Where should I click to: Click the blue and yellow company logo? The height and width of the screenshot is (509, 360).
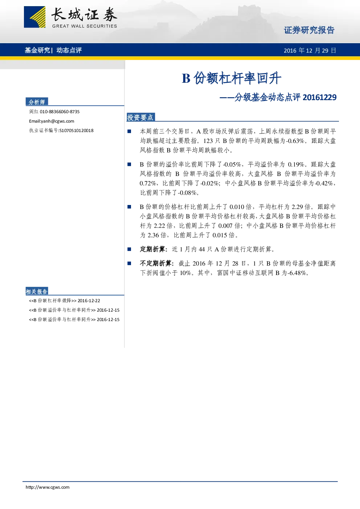34,17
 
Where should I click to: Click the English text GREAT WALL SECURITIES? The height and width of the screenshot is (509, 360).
85,26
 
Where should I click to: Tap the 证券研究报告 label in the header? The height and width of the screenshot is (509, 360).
309,30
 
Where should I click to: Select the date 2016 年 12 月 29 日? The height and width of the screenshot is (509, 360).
310,50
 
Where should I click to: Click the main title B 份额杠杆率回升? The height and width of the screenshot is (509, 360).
232,78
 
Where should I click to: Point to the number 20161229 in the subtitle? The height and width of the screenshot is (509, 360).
320,98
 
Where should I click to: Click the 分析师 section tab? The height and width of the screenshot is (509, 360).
37,102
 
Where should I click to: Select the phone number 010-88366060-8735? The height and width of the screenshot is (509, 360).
60,112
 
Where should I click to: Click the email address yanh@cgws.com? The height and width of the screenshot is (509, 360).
57,121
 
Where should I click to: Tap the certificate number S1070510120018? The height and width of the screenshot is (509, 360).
76,131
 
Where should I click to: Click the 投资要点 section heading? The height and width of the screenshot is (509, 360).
140,117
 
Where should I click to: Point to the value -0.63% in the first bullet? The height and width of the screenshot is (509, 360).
295,141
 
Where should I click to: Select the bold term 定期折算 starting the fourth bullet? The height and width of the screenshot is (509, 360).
152,249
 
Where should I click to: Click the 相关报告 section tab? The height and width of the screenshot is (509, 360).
37,291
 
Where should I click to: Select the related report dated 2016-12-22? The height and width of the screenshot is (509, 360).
65,301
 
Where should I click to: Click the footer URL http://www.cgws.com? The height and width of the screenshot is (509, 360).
48,487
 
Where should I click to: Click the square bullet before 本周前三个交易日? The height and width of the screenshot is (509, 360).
129,131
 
